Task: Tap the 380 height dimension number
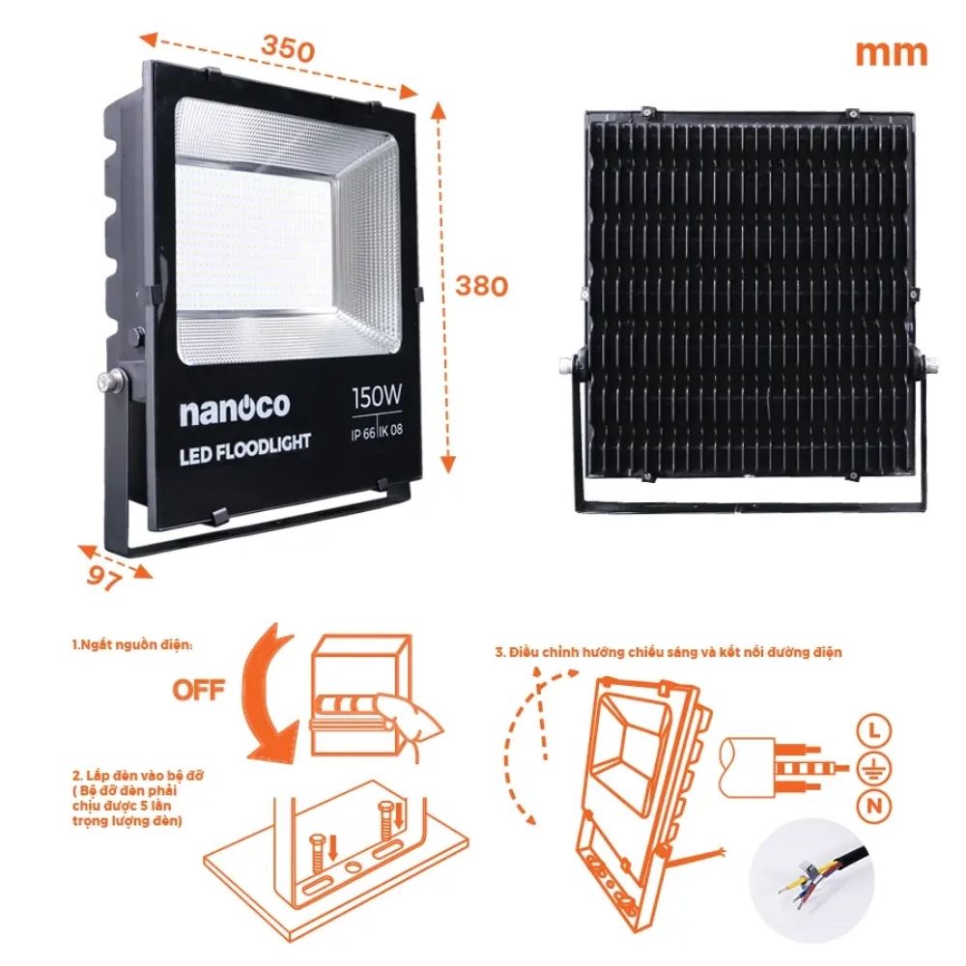point(482,286)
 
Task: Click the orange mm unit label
point(891,52)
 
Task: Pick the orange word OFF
point(199,690)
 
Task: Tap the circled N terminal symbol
point(875,805)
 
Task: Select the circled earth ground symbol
point(875,768)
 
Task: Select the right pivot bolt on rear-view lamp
point(934,365)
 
